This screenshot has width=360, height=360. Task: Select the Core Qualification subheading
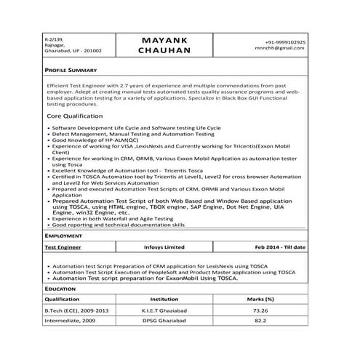coord(75,116)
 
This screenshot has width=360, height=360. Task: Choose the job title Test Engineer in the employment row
coord(63,247)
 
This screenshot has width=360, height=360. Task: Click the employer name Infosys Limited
coord(164,247)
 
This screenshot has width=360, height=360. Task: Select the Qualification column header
coord(63,299)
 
